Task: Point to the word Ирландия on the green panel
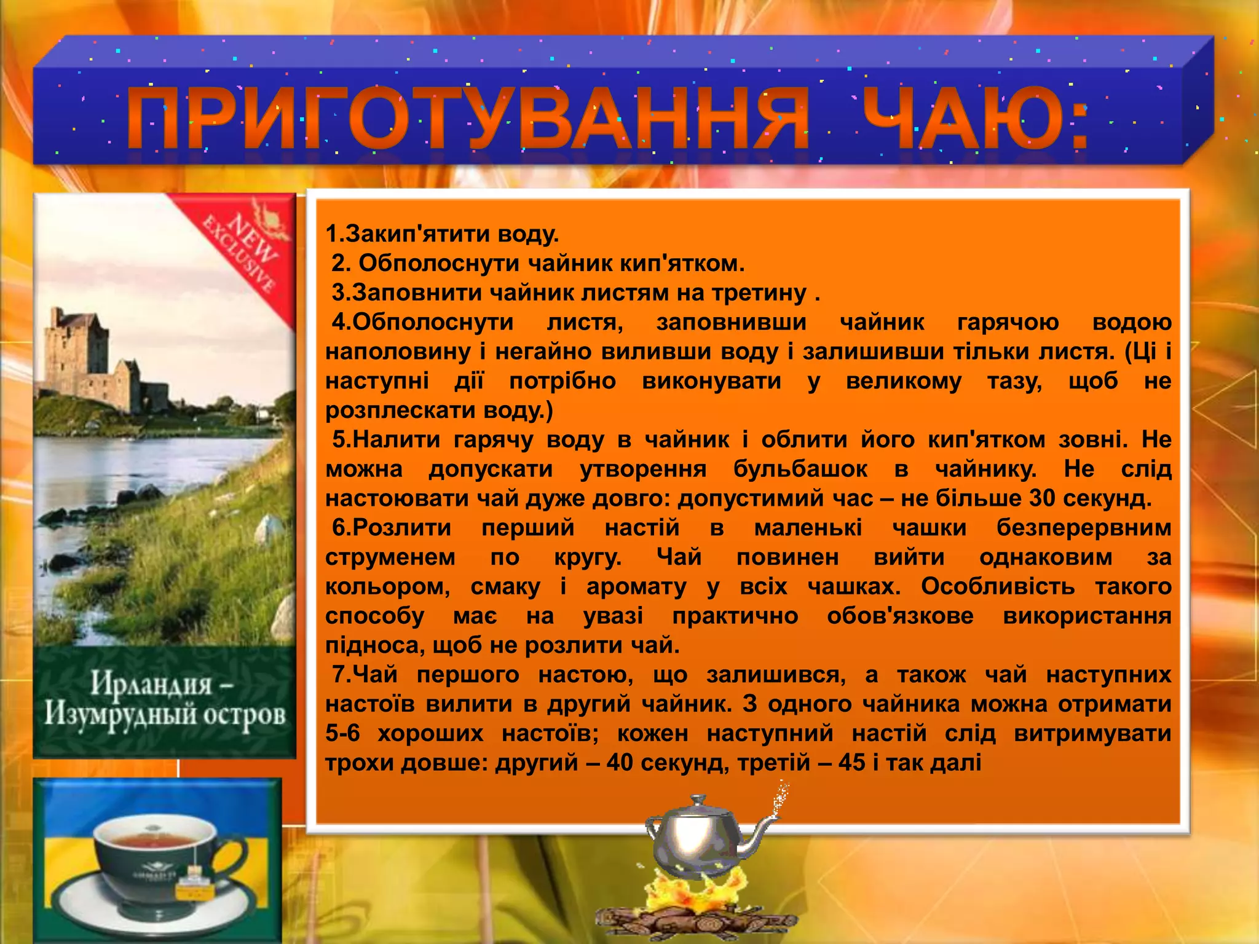click(151, 683)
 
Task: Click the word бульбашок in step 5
click(800, 470)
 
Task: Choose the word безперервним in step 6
click(1084, 528)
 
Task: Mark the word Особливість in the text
click(997, 587)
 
